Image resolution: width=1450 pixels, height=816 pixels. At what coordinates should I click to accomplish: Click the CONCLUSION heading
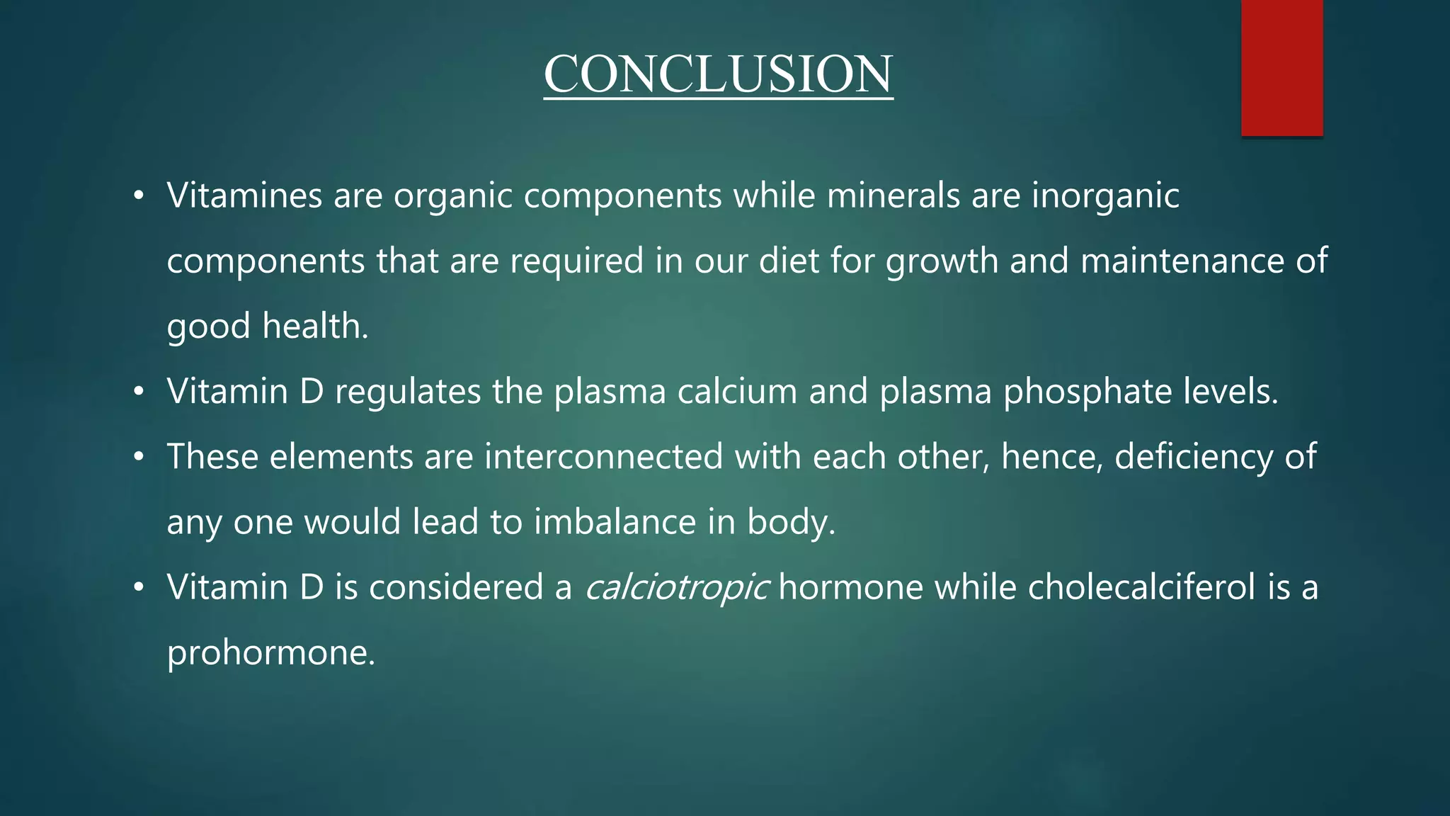pos(718,74)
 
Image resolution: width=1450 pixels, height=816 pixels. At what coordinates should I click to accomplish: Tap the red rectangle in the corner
pos(1281,67)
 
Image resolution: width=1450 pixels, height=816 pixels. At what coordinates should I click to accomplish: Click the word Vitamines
pos(244,195)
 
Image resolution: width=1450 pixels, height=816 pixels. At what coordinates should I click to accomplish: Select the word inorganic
pos(1105,195)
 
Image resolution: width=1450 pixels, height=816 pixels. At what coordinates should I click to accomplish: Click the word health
pos(315,326)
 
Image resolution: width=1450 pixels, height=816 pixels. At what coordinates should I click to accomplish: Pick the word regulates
pos(408,391)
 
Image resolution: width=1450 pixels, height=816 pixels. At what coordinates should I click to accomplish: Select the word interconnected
pos(603,456)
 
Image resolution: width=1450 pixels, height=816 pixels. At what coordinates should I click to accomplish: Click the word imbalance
pos(615,522)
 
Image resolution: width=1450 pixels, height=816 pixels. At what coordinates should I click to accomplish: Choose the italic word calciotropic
pos(676,588)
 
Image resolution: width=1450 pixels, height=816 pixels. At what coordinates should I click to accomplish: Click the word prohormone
pos(270,653)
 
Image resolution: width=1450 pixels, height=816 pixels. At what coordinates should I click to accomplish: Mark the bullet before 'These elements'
pos(139,457)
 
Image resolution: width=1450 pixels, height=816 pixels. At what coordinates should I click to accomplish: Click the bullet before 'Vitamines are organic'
pos(139,196)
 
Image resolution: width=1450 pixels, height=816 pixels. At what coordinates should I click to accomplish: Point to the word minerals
pos(894,195)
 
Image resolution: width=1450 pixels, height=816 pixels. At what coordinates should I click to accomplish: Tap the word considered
pos(456,587)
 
